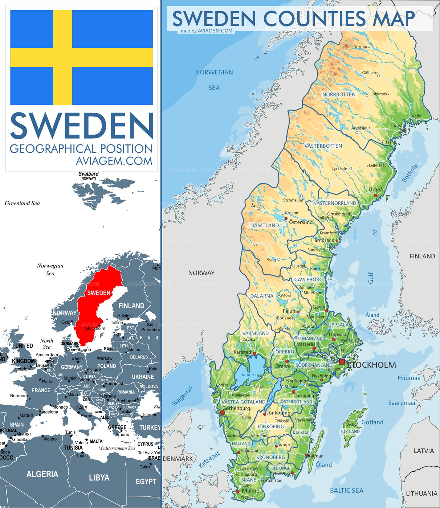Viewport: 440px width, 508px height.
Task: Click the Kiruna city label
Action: coord(361,47)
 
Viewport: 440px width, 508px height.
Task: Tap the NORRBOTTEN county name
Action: coord(339,94)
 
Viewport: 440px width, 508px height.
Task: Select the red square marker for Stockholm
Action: coord(342,362)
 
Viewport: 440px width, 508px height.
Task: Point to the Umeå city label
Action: coord(375,189)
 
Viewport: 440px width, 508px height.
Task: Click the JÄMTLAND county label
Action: coord(265,225)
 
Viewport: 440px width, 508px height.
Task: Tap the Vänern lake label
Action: coord(249,374)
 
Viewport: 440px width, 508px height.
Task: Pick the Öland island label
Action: coord(323,464)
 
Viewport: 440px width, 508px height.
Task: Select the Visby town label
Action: coord(351,424)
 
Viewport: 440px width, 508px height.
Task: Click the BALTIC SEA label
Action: coord(346,491)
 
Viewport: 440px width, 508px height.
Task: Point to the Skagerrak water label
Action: coord(183,396)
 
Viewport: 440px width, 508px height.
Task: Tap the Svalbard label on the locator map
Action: coord(89,174)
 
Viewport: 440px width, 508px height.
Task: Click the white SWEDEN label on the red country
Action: coord(99,293)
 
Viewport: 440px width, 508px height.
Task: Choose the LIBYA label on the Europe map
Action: coord(99,478)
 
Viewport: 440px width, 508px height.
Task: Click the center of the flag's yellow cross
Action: coord(62,57)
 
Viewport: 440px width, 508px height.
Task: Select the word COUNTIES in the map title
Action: coord(314,19)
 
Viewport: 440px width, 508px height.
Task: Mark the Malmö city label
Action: coord(250,491)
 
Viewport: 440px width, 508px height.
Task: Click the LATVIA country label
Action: coord(424,451)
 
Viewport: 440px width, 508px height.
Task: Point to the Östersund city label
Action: coord(301,222)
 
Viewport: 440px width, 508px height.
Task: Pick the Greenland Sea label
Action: coord(22,203)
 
